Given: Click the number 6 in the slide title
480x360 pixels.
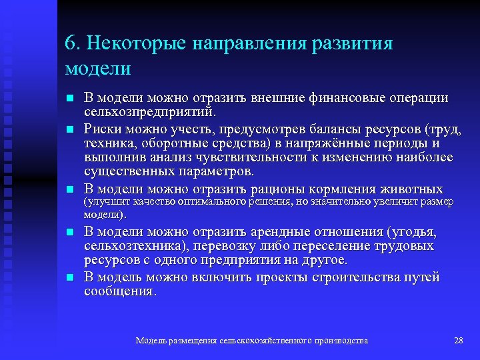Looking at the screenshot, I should tap(70, 43).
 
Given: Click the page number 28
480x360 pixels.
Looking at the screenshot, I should tap(458, 341).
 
